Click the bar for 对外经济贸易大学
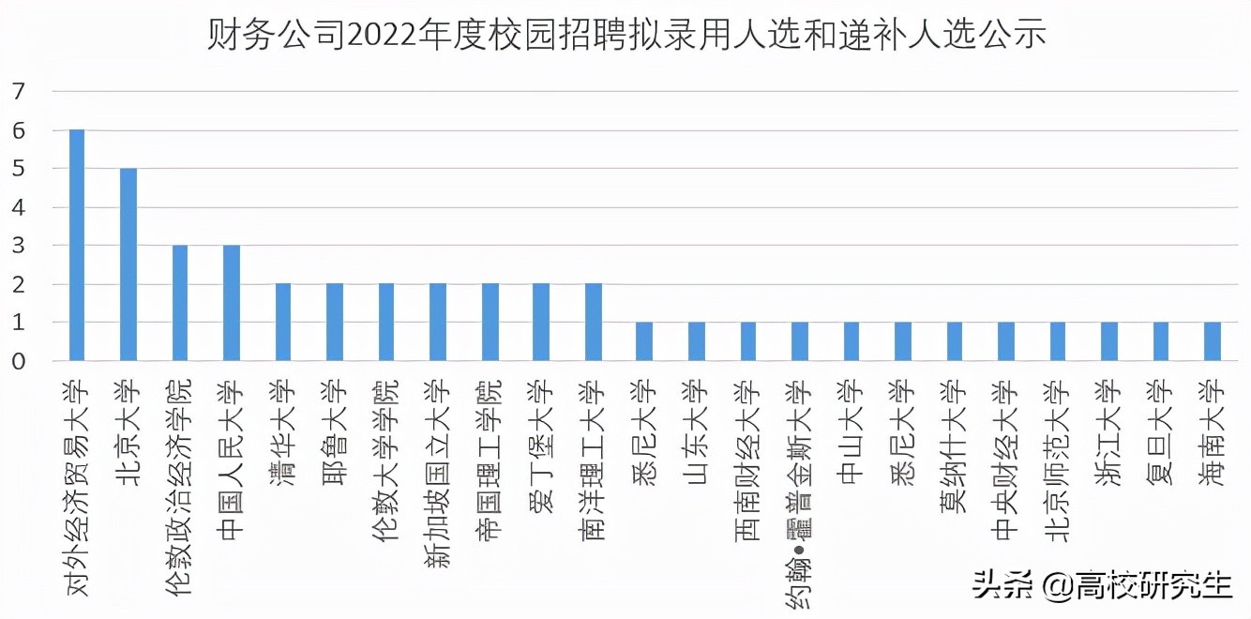[77, 245]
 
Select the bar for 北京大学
[128, 264]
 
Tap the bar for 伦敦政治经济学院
[180, 303]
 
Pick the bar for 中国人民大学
[232, 303]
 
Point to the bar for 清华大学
[283, 322]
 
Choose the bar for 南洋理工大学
[593, 322]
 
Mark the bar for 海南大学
[1212, 341]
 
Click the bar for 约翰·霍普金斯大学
[799, 341]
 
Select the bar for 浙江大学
[1108, 341]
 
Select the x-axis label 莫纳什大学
[954, 435]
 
